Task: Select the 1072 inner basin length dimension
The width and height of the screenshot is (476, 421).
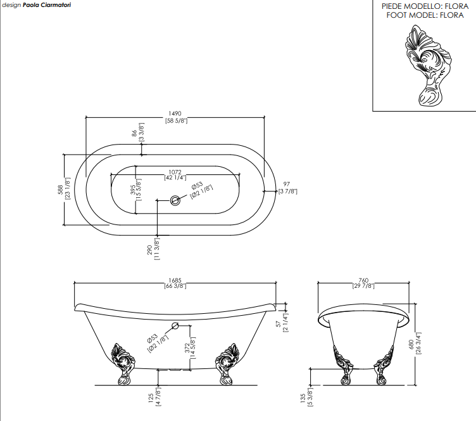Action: pyautogui.click(x=175, y=172)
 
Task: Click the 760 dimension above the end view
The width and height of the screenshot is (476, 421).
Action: pyautogui.click(x=363, y=280)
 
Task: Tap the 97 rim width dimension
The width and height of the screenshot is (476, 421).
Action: pyautogui.click(x=287, y=184)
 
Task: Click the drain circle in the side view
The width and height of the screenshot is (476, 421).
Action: pyautogui.click(x=175, y=327)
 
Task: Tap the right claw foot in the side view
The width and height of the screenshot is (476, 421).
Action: pyautogui.click(x=227, y=363)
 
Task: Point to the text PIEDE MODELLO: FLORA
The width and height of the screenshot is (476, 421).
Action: pyautogui.click(x=425, y=6)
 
